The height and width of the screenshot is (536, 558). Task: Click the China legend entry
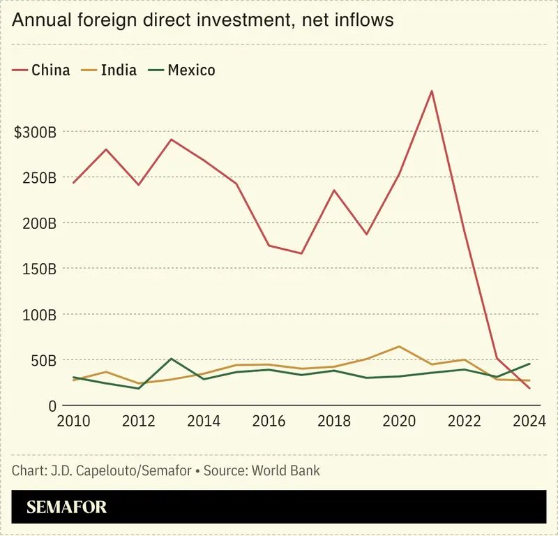coord(42,70)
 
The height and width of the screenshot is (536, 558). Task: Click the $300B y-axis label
coord(35,132)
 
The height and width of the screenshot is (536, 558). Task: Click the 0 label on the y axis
coord(52,405)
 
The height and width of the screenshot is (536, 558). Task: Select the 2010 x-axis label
coord(73,422)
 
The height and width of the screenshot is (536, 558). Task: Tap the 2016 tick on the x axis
coord(269,422)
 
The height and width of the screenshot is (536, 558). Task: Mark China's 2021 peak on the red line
coord(432,91)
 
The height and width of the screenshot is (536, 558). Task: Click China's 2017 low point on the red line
coord(301,253)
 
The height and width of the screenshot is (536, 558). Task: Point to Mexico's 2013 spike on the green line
coord(171,359)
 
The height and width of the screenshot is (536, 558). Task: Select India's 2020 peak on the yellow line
coord(399,346)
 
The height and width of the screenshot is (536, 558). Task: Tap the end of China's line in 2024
coord(530,388)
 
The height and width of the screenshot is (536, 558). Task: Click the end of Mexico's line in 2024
coord(530,364)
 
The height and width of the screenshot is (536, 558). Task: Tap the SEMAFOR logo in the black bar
coord(67,507)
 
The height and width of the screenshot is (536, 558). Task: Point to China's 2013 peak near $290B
coord(171,140)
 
